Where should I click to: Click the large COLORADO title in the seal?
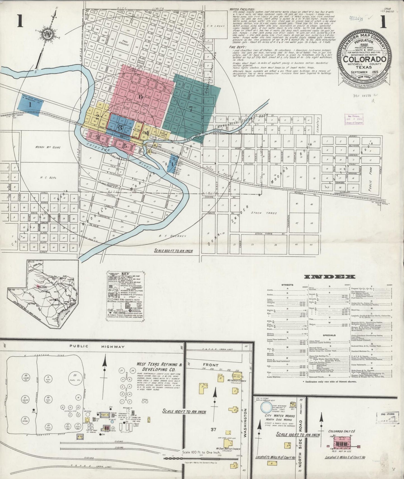click(365, 60)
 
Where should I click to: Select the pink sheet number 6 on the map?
click(140, 97)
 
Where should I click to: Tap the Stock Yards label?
click(252, 213)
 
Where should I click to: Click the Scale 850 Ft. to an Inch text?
click(173, 251)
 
